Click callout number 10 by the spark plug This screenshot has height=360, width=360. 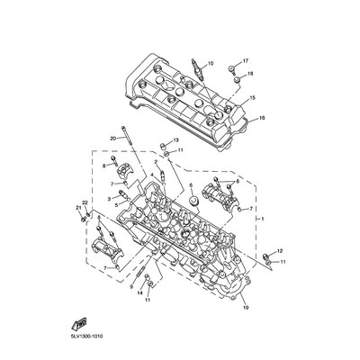coord(210,63)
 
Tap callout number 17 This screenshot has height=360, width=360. coord(246,61)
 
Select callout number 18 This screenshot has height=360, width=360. coord(250,74)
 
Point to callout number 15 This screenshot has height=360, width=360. coord(252,98)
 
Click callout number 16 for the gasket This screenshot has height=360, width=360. coord(262,118)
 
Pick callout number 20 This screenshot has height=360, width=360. coord(113,139)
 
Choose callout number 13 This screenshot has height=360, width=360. coord(175,139)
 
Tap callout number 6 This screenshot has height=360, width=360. coord(191,185)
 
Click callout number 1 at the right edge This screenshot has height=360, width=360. coord(263,220)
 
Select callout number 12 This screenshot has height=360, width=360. coord(280,250)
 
